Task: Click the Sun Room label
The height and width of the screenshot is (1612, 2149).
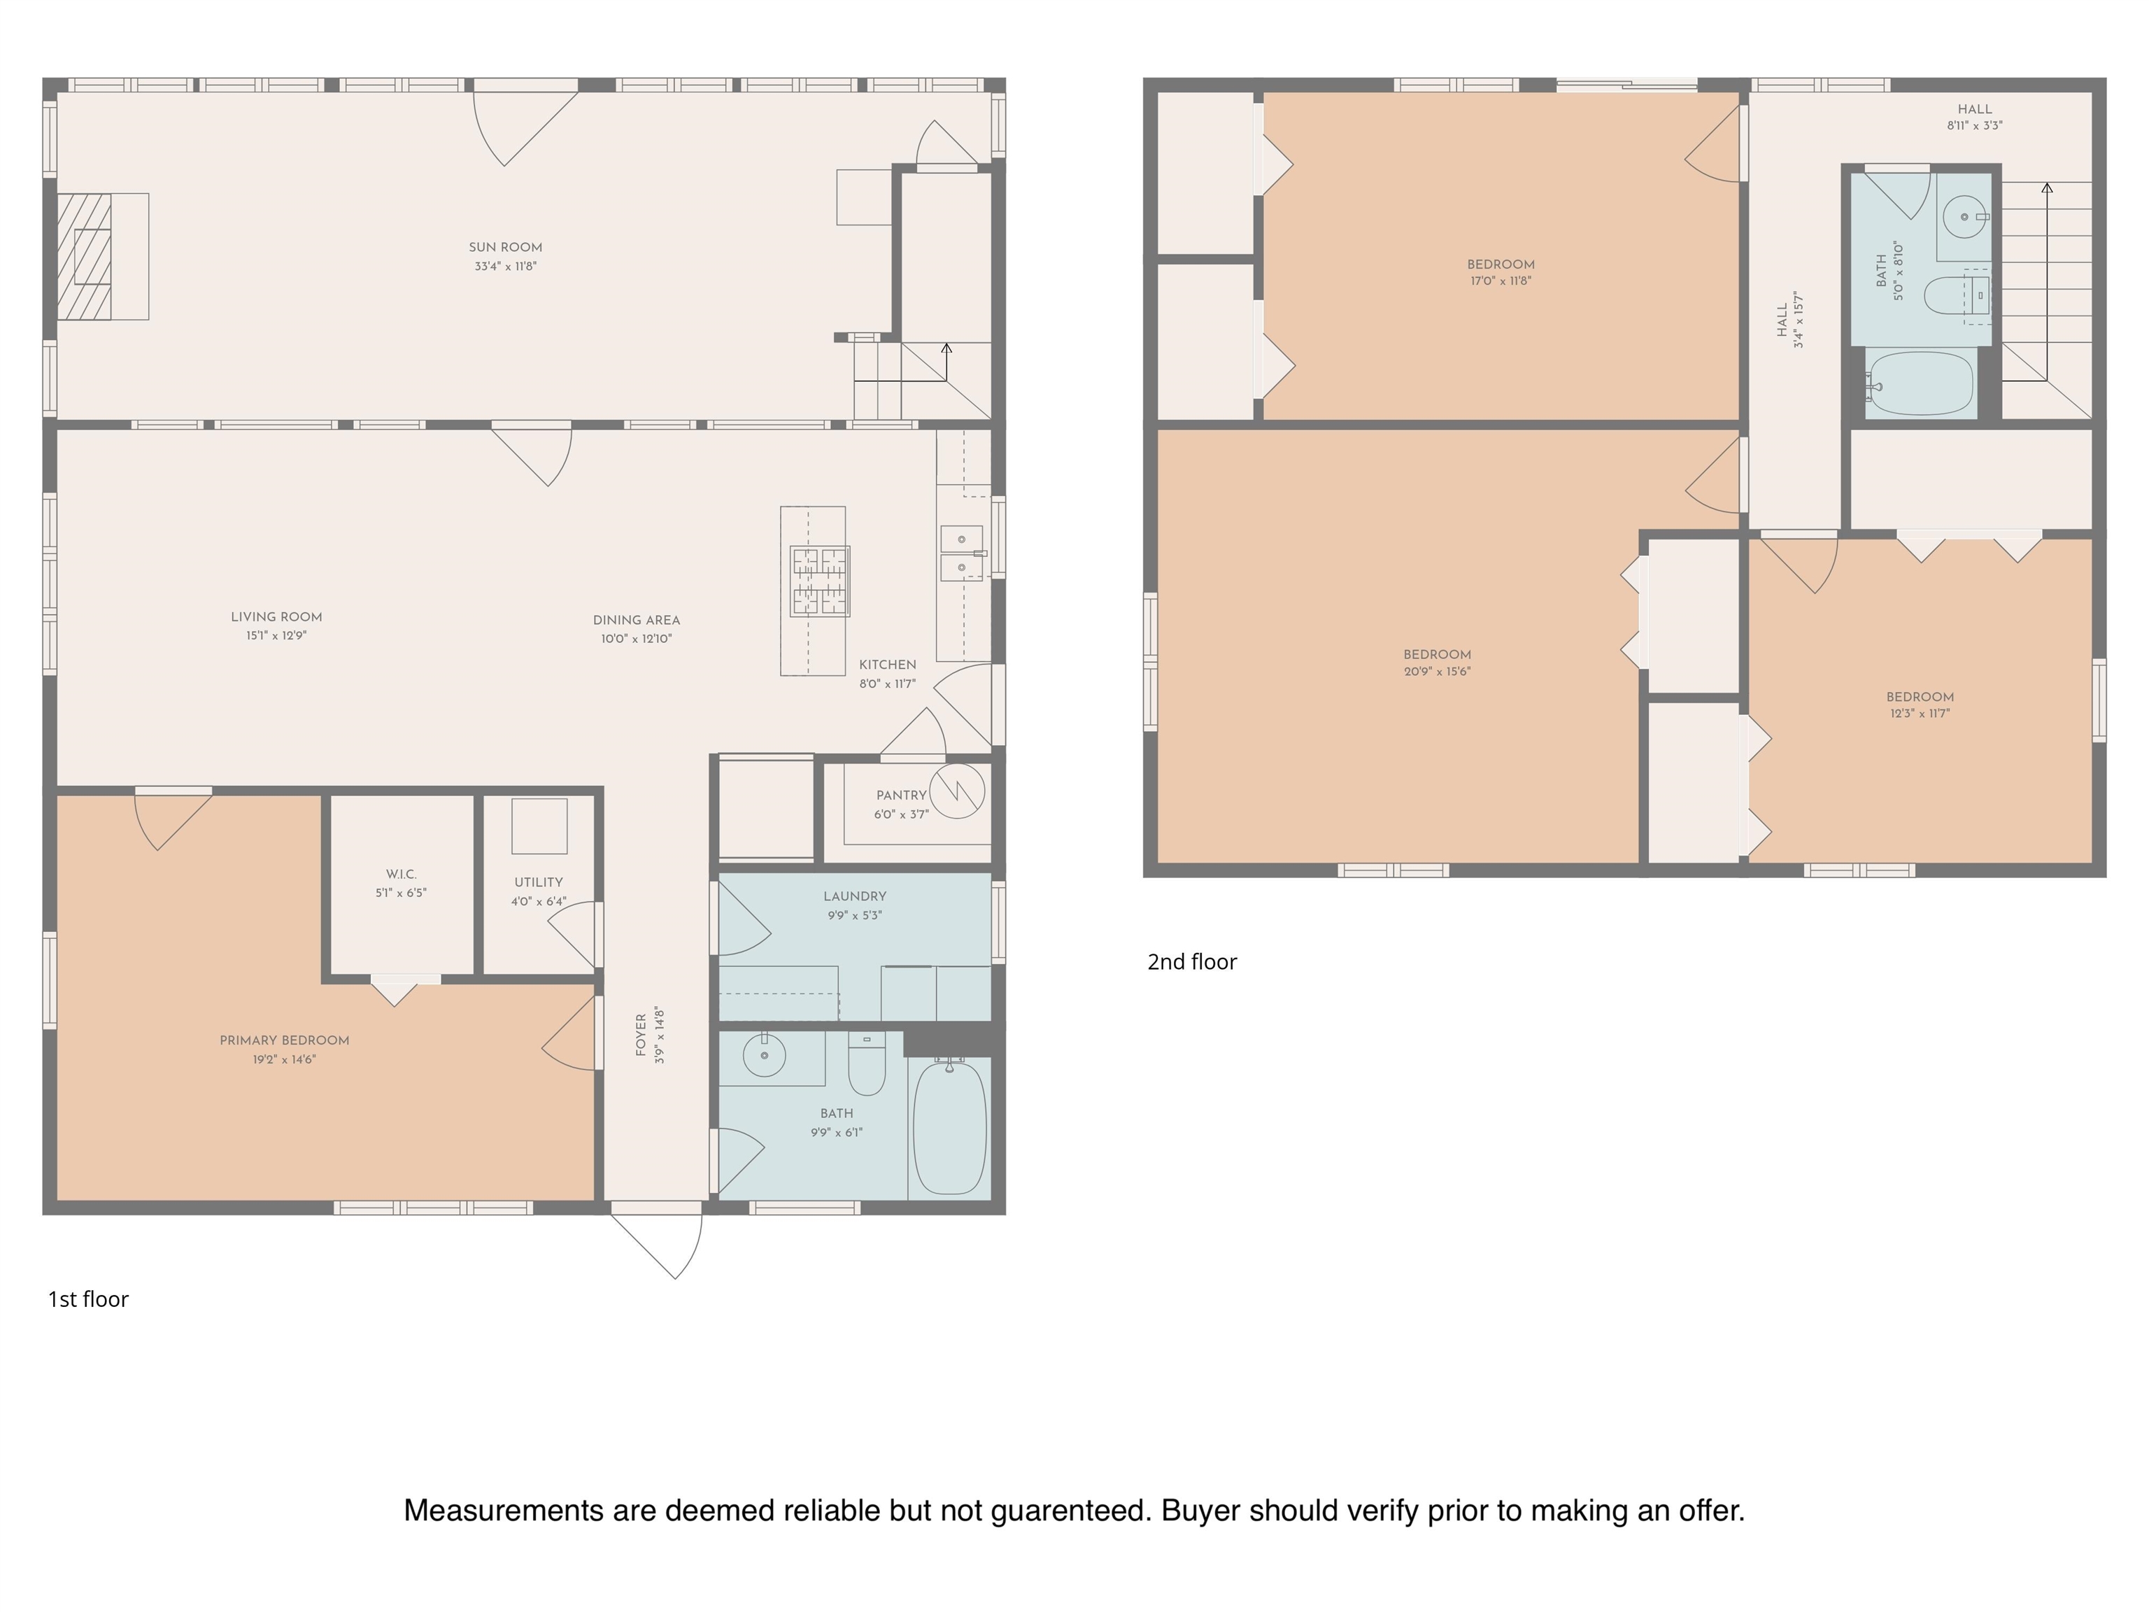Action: [505, 248]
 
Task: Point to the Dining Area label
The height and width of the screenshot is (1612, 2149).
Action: [637, 620]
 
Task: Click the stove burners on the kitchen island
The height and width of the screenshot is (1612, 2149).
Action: [820, 581]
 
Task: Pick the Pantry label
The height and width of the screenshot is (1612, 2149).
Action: [900, 795]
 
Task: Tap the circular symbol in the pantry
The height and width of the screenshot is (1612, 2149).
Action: [957, 791]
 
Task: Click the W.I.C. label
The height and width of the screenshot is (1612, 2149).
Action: [402, 875]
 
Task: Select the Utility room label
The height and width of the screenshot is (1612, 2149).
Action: [538, 882]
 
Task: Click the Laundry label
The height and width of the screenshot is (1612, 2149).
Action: [855, 896]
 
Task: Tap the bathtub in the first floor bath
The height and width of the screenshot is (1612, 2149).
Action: [949, 1128]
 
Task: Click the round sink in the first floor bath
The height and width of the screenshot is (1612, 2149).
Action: [765, 1055]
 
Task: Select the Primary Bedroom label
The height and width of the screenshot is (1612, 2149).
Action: [285, 1040]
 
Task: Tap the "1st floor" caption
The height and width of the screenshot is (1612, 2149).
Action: [88, 1299]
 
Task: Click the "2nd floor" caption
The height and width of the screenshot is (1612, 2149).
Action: [1192, 962]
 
